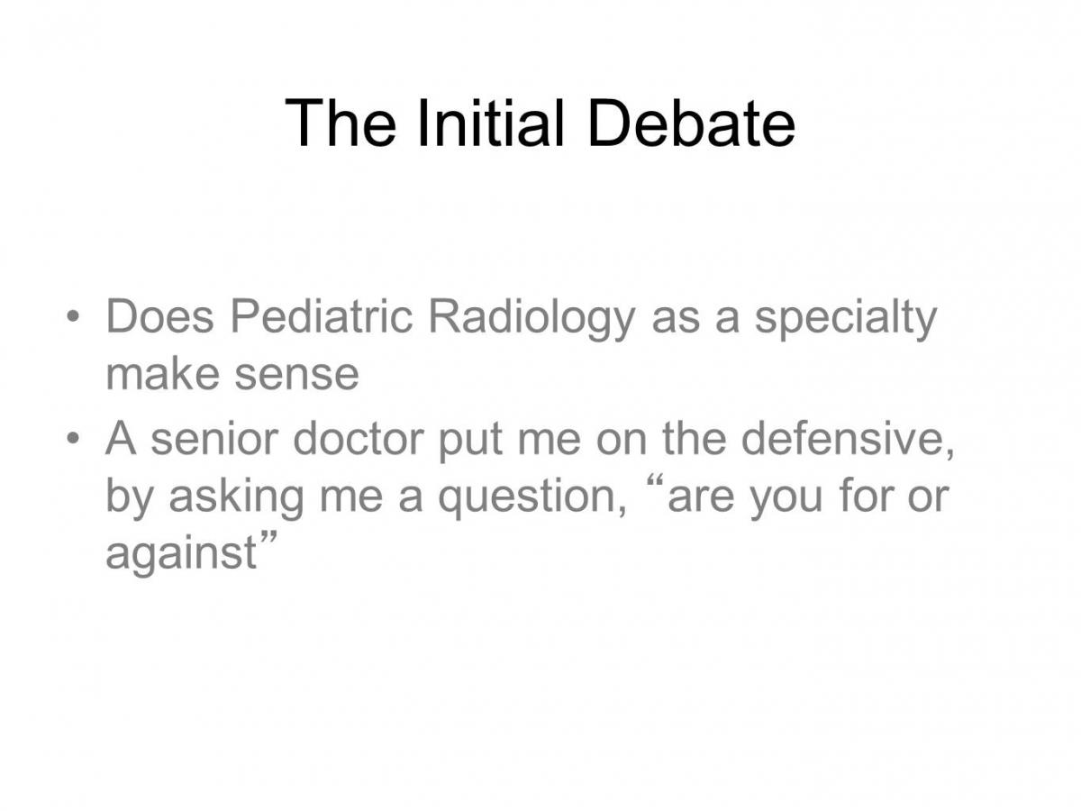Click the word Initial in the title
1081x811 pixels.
(x=490, y=123)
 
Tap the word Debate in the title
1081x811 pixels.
(x=692, y=123)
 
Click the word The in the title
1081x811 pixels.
(x=340, y=123)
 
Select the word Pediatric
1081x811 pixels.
(x=321, y=316)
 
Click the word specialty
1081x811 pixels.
(x=845, y=320)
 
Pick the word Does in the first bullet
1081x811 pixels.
(x=160, y=316)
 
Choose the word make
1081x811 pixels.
(x=162, y=373)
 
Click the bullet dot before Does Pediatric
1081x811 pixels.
(x=73, y=315)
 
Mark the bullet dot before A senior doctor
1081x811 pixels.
(x=73, y=437)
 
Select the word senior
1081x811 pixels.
(x=214, y=438)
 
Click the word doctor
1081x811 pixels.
(x=359, y=438)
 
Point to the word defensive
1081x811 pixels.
(x=847, y=438)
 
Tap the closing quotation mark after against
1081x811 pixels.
(x=268, y=537)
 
